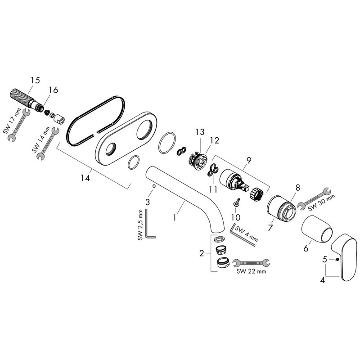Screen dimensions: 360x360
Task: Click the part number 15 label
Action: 35,80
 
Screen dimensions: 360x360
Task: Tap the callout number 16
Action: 53,90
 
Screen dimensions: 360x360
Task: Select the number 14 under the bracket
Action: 84,178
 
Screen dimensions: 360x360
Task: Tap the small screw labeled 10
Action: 236,204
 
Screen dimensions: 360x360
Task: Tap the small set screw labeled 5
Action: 336,260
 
